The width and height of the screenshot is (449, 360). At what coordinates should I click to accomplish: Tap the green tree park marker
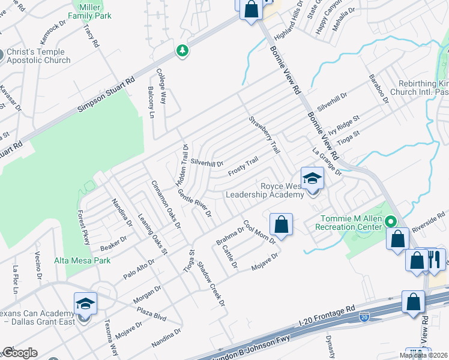182,51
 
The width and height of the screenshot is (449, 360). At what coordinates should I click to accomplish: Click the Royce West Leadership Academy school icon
312,179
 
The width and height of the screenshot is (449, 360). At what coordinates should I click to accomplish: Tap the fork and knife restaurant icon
435,260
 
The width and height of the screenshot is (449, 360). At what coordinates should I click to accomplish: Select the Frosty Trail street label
243,167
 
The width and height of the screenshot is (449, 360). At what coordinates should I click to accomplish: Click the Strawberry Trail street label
265,134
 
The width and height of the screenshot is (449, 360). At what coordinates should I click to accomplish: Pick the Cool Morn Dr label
259,232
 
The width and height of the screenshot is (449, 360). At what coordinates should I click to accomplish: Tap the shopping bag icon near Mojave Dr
281,225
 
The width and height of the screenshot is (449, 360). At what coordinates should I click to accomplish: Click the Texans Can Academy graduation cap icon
85,304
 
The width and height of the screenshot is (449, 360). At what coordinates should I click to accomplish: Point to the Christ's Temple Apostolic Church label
38,56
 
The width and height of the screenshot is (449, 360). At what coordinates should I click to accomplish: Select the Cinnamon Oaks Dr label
166,204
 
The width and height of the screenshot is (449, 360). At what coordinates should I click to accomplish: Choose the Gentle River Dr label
195,203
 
